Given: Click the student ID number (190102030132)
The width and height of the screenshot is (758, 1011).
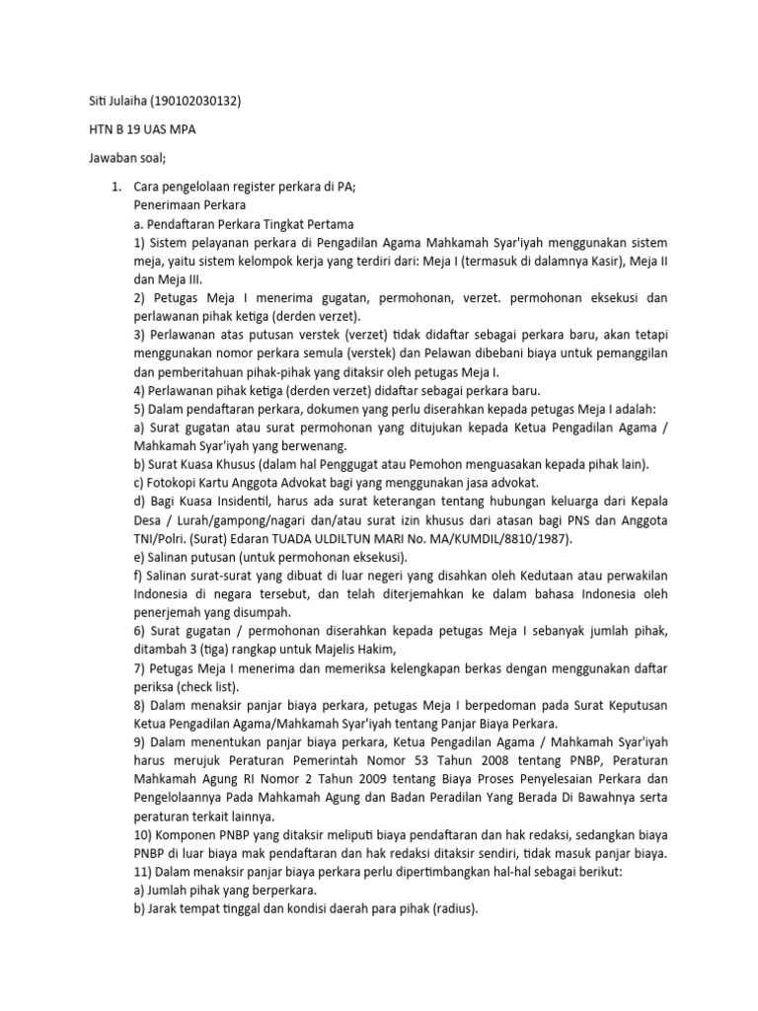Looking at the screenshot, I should pos(193,101).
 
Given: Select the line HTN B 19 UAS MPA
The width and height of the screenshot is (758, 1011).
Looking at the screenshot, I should pos(142,129).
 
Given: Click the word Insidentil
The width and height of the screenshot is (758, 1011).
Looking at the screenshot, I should pos(230,501).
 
